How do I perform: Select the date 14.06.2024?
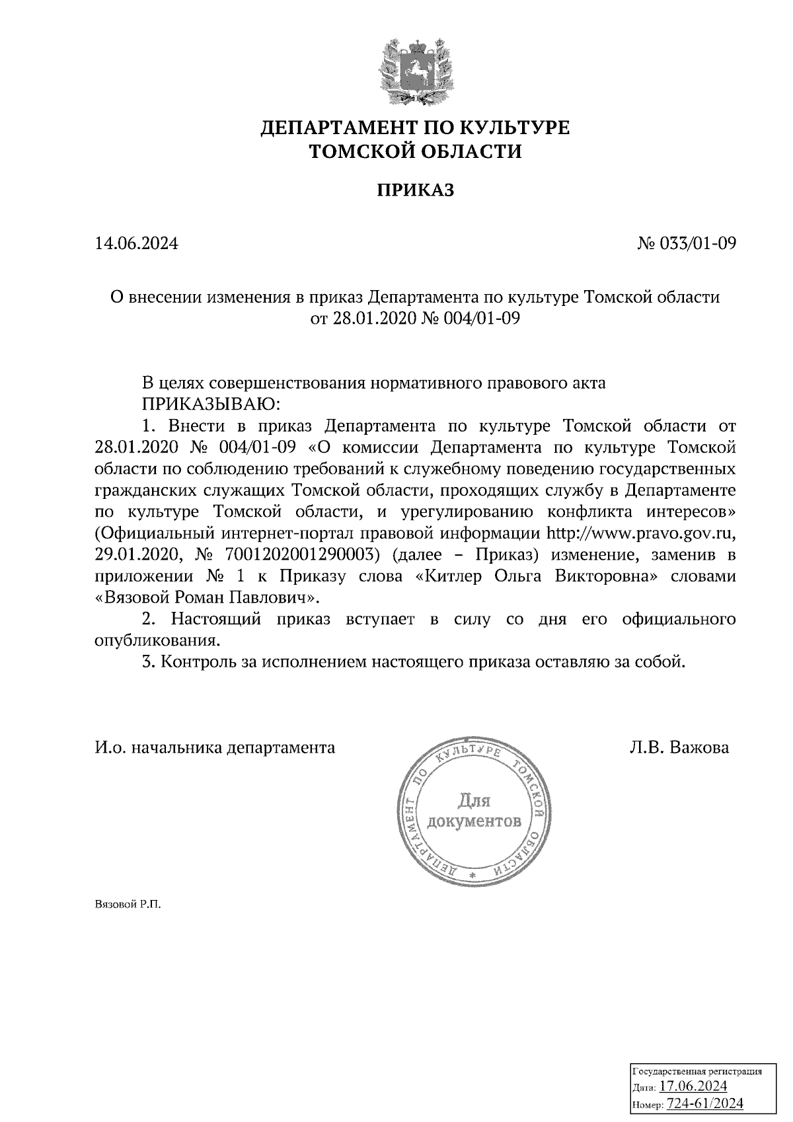pyautogui.click(x=137, y=244)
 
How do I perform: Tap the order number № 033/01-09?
pyautogui.click(x=686, y=244)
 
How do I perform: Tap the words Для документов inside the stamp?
pyautogui.click(x=474, y=811)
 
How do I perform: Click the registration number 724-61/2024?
pyautogui.click(x=705, y=1103)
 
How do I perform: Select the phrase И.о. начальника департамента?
pyautogui.click(x=215, y=747)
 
